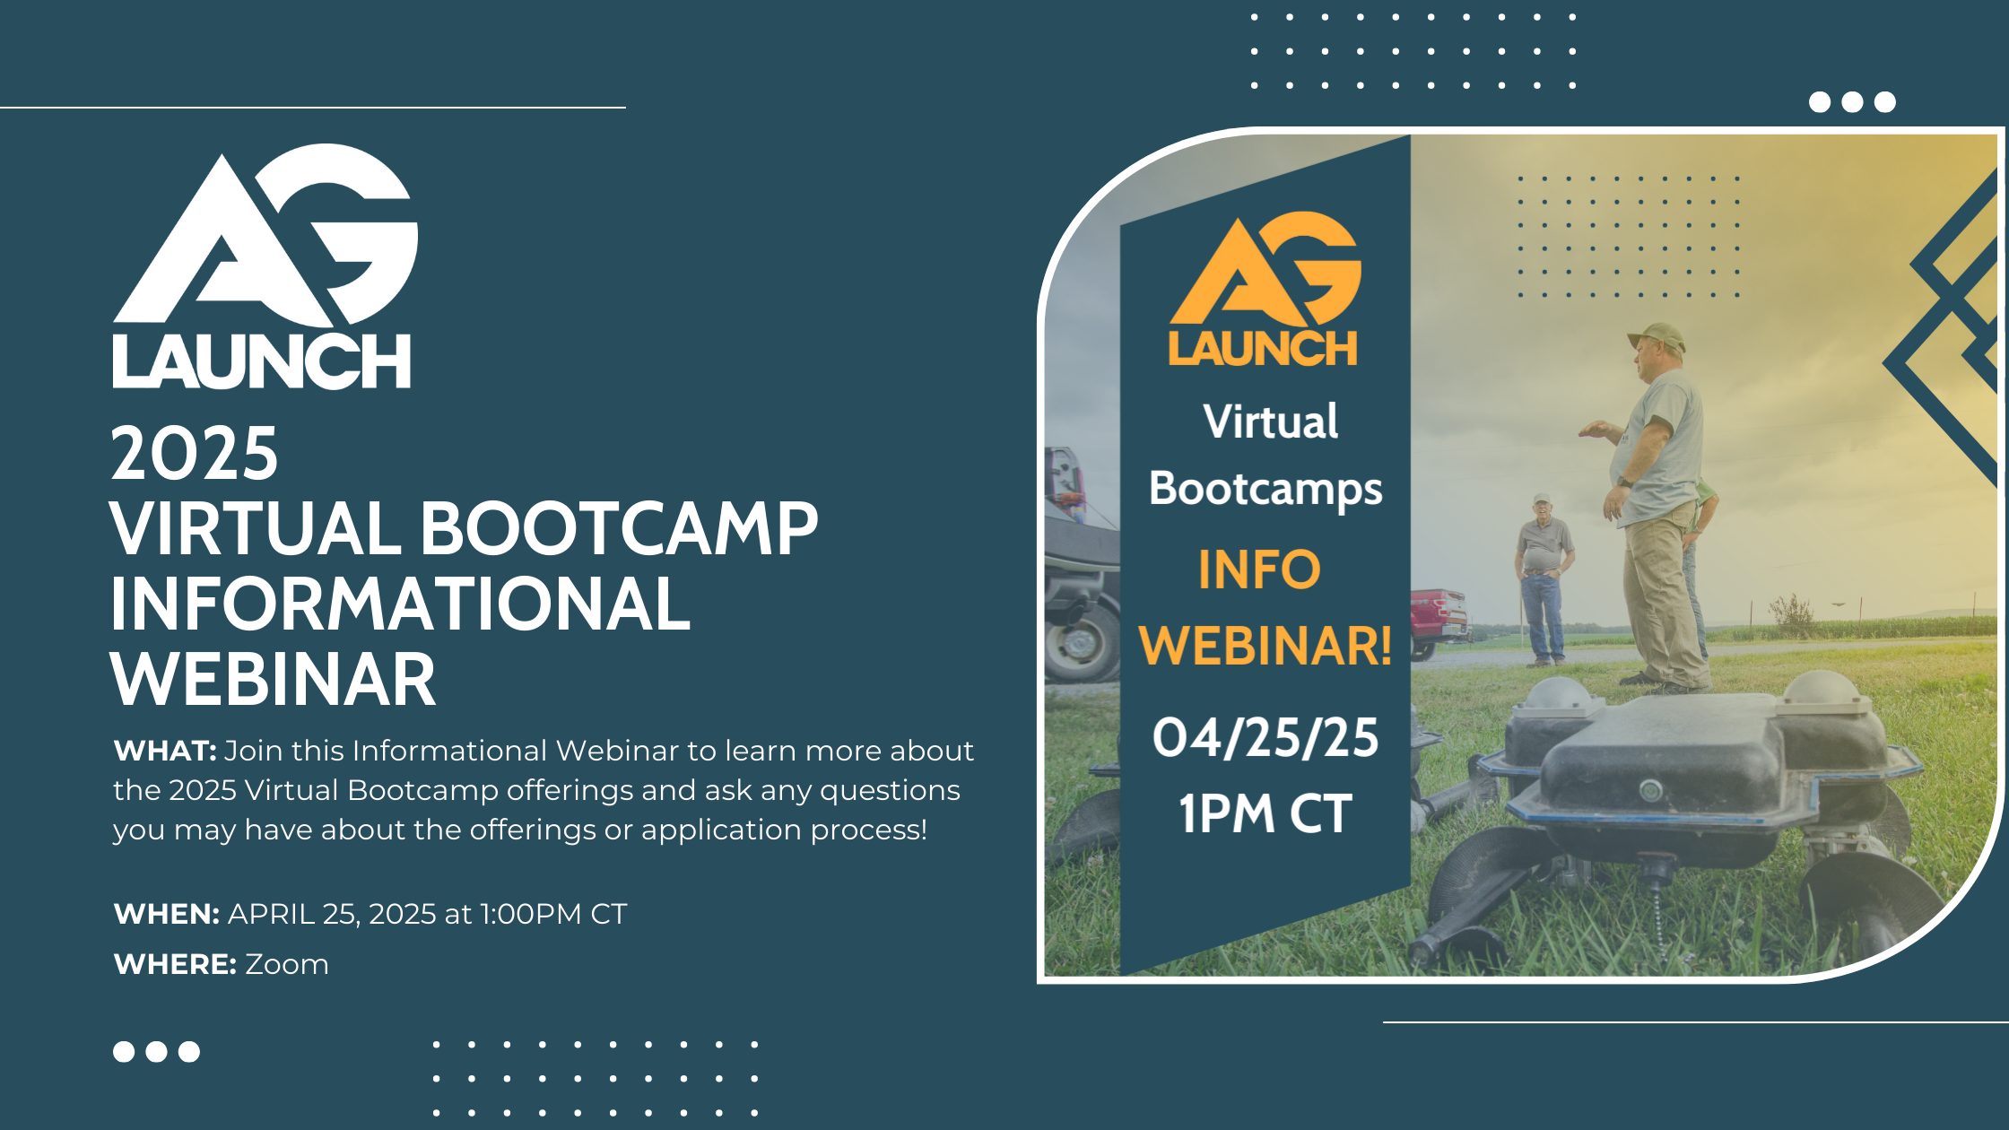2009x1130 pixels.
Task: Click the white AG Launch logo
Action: [x=265, y=266]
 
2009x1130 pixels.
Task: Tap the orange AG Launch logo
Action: [x=1265, y=289]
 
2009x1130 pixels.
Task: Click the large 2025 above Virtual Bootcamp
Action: [x=194, y=454]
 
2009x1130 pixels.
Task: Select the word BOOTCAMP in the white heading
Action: [x=619, y=529]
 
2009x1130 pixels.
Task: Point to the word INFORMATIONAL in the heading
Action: [x=400, y=604]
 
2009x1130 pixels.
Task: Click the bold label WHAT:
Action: [x=165, y=751]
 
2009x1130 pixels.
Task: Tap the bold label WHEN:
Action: [x=167, y=914]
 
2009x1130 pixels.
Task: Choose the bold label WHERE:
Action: [x=175, y=964]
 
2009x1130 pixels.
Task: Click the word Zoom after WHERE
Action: [x=287, y=964]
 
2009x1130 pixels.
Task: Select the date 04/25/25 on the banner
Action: [x=1265, y=738]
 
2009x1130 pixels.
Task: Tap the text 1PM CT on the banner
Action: [x=1265, y=813]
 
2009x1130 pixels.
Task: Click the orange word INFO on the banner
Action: [x=1259, y=569]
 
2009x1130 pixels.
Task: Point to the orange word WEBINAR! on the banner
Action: [x=1265, y=646]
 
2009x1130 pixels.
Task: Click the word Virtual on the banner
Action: [x=1270, y=422]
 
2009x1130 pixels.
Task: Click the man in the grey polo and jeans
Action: [x=1543, y=579]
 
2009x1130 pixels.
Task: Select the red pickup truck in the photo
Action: [x=1437, y=619]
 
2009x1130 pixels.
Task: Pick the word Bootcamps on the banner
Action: [x=1265, y=490]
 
